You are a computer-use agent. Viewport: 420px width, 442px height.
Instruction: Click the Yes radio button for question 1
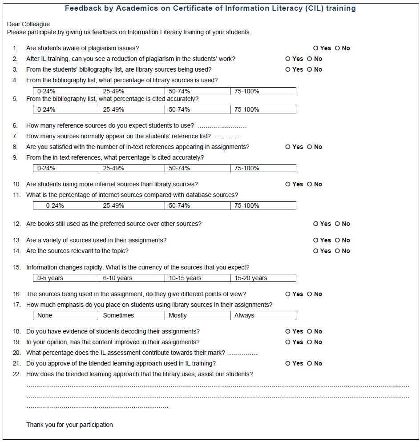[x=316, y=48]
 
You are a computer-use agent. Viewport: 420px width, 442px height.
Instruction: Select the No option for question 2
[x=309, y=59]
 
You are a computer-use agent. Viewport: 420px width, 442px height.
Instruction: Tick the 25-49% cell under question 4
[x=131, y=91]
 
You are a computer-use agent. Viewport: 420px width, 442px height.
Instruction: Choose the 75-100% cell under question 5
[x=263, y=109]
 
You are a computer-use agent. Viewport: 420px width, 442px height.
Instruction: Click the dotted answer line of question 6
[x=222, y=126]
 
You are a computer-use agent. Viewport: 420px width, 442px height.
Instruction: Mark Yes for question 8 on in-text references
[x=288, y=147]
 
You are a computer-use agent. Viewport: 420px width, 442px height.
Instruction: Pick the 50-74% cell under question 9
[x=197, y=168]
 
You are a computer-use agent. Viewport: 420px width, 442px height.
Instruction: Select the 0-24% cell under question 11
[x=66, y=205]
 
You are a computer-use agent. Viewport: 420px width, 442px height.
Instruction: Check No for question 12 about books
[x=337, y=224]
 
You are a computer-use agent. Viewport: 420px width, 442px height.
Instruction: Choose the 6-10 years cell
[x=131, y=278]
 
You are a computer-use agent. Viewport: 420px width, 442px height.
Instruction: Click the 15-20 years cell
[x=263, y=278]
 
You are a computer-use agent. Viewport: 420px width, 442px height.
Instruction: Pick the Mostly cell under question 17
[x=197, y=315]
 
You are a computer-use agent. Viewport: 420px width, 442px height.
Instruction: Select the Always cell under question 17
[x=263, y=315]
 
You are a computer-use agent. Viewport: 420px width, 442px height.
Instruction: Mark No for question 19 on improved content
[x=309, y=342]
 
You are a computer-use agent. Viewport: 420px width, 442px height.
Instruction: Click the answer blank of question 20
[x=242, y=354]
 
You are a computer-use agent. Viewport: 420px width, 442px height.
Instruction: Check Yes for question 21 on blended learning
[x=288, y=363]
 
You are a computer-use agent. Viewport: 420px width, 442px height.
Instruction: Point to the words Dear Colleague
[x=28, y=24]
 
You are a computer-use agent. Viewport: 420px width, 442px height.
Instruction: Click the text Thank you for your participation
[x=69, y=425]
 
